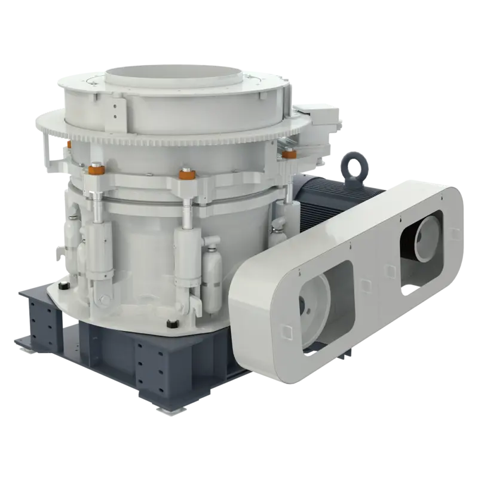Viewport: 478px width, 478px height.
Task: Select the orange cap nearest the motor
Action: click(290, 154)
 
